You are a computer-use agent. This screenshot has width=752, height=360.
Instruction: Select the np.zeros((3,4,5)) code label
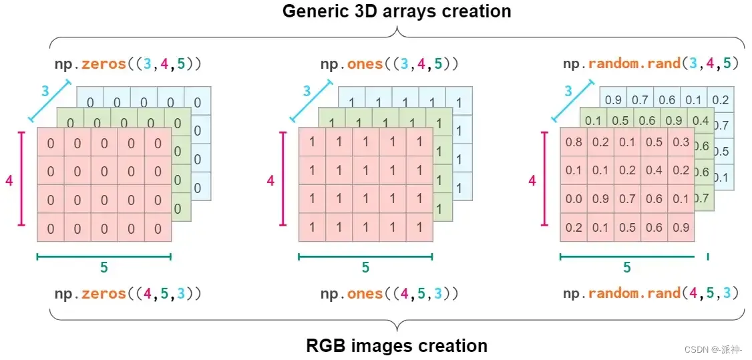click(128, 64)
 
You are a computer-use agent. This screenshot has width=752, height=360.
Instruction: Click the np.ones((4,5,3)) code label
click(389, 294)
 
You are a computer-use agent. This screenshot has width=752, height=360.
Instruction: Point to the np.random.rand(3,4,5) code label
click(651, 64)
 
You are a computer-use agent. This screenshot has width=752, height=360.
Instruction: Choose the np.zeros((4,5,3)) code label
click(128, 294)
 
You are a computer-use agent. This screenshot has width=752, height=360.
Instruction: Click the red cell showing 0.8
click(574, 142)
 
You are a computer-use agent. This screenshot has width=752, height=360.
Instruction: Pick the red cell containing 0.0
click(574, 199)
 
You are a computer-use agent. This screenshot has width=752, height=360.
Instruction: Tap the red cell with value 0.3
click(681, 142)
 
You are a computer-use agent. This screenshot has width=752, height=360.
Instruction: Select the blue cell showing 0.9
click(612, 100)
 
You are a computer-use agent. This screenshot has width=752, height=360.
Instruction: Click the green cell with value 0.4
click(701, 121)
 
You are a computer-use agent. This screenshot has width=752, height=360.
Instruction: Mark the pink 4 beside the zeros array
click(9, 180)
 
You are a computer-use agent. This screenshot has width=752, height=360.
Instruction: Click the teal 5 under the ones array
click(365, 268)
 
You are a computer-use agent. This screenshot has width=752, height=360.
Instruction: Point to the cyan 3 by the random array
click(568, 92)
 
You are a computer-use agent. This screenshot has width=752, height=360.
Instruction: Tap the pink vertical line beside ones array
click(283, 180)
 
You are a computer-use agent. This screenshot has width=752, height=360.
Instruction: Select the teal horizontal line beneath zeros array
click(104, 255)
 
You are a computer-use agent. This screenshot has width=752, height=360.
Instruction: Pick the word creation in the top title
click(473, 11)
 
